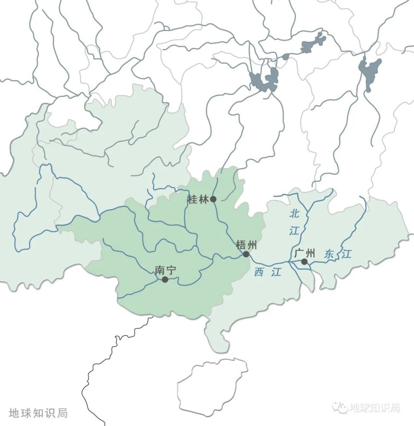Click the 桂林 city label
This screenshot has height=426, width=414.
[198, 199]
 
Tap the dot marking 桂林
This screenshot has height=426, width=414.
[213, 199]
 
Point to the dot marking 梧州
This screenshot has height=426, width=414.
[246, 254]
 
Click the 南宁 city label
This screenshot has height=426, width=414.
[165, 270]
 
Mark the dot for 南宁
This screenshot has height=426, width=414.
[165, 279]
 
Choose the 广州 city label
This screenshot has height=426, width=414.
[304, 253]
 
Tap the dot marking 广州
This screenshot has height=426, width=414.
[304, 262]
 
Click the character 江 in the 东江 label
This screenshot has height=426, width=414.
[346, 255]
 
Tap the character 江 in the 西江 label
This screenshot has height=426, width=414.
[276, 273]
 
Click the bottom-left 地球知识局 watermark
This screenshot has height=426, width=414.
[38, 413]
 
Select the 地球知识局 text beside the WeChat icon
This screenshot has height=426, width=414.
[374, 408]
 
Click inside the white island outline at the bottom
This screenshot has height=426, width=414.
[212, 386]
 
